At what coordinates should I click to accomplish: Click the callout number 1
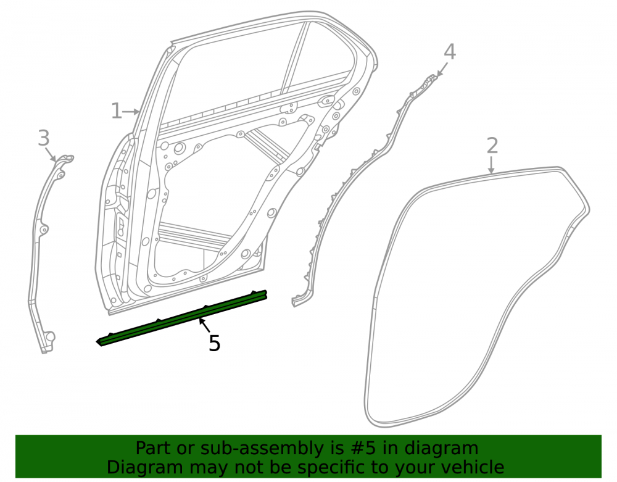[x=117, y=111]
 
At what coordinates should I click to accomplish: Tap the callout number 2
[x=492, y=146]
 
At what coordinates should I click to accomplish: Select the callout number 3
[x=44, y=138]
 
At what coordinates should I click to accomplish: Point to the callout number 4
[x=450, y=52]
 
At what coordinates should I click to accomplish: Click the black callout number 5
[x=215, y=343]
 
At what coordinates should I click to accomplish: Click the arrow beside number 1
[x=131, y=112]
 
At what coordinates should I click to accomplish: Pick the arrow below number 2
[x=491, y=165]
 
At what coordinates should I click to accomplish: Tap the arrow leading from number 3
[x=51, y=154]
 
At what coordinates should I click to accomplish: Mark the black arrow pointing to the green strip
[x=205, y=325]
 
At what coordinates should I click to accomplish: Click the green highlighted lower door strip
[x=182, y=318]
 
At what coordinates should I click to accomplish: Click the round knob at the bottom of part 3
[x=51, y=337]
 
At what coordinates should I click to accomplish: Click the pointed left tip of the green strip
[x=97, y=342]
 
